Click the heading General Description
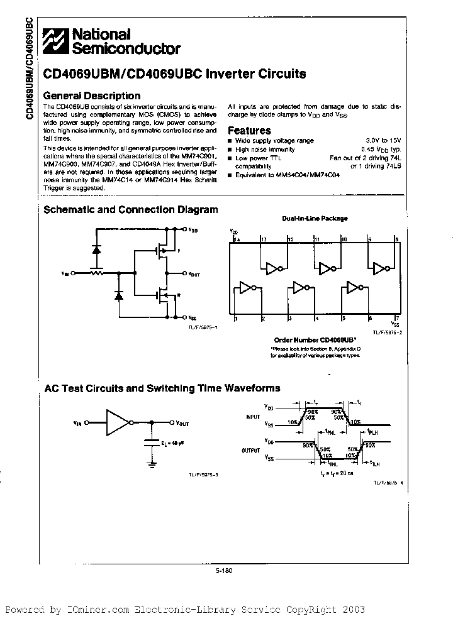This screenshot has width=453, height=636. [x=91, y=96]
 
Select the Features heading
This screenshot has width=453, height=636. [x=249, y=131]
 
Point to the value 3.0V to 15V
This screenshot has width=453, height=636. [x=383, y=141]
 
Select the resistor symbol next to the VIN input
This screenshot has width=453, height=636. [x=96, y=273]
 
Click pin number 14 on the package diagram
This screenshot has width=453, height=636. [x=237, y=239]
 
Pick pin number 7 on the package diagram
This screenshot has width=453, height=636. [x=396, y=319]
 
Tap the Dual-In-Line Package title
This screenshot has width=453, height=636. [x=315, y=219]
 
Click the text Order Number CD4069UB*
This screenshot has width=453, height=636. [x=310, y=338]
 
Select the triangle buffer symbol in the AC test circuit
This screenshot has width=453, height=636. [x=117, y=423]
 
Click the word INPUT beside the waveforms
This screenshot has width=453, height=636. [x=252, y=416]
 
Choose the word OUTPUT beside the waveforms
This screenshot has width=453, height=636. [x=250, y=450]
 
